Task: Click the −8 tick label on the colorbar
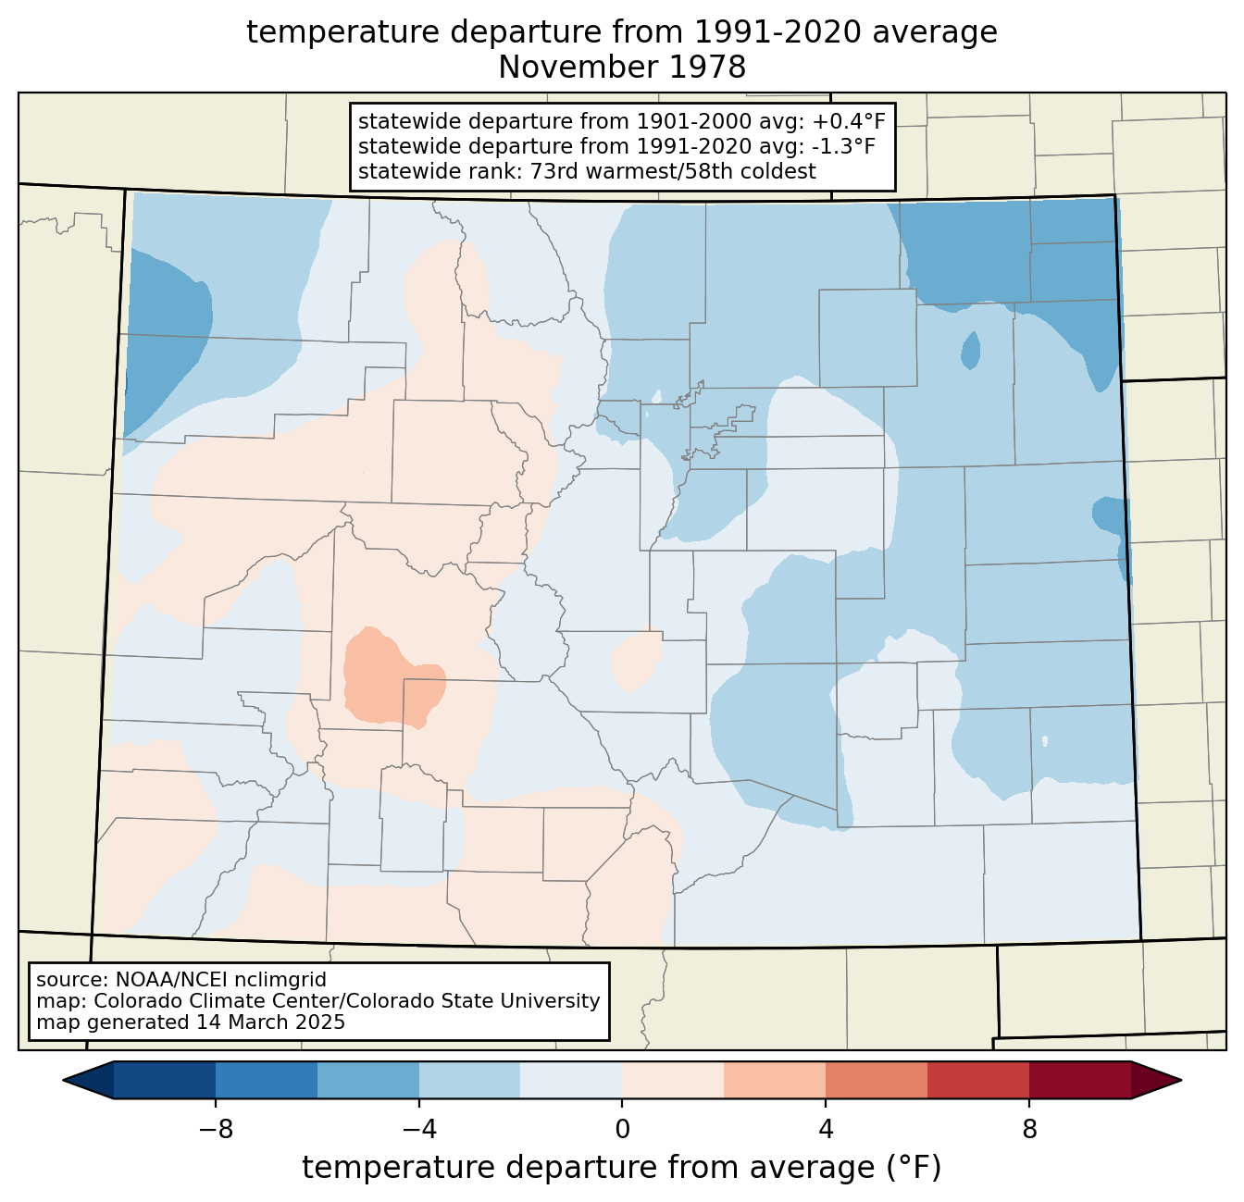click(x=216, y=1129)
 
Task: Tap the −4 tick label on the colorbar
click(x=419, y=1129)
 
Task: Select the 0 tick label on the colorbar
click(x=622, y=1129)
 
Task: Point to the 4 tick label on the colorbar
click(x=826, y=1129)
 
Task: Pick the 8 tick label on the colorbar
click(x=1028, y=1129)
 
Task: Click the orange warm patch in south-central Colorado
click(x=390, y=678)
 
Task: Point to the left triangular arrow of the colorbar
click(x=88, y=1081)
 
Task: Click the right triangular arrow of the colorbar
click(x=1156, y=1081)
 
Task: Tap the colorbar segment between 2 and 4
click(x=775, y=1081)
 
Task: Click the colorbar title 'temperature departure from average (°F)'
click(x=622, y=1168)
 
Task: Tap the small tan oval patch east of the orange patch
click(x=637, y=659)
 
